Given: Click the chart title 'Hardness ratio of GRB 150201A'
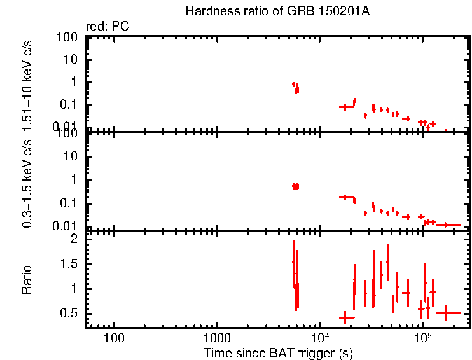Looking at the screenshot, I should coord(277,11).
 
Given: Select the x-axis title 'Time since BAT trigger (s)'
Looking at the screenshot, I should coord(278,352).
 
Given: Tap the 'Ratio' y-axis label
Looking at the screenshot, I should coord(27,279).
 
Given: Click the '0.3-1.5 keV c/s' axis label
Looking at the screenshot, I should coord(27,184).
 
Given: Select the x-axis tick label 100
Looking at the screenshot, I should coord(115,336).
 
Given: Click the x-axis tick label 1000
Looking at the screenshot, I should coord(217,336).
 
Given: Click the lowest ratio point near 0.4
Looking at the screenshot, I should coord(346,317).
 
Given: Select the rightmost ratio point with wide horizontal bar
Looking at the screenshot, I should coord(447,312).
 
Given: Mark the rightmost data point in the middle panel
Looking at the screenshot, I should coord(447,225).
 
